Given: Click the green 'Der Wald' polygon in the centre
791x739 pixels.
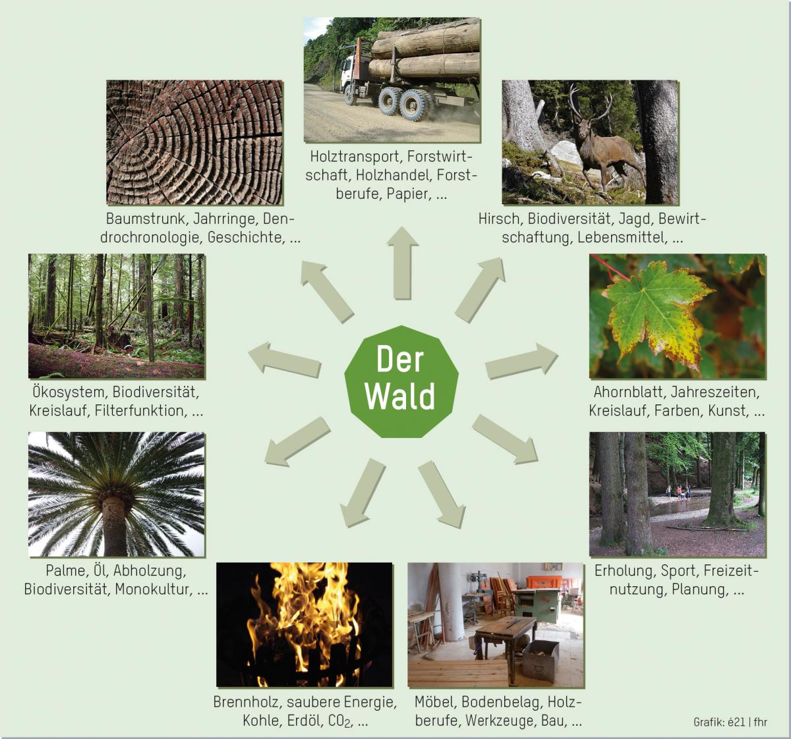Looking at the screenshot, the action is click(x=401, y=381).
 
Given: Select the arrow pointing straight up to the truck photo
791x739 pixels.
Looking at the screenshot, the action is click(x=402, y=263).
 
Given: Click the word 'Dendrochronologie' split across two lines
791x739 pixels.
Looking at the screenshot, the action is click(x=199, y=228).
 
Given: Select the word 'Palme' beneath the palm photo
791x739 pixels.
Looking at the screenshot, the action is click(x=65, y=570).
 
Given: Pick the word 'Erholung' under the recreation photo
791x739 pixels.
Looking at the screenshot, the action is click(x=624, y=570).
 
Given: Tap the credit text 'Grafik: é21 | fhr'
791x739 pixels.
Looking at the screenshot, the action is click(x=730, y=722).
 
